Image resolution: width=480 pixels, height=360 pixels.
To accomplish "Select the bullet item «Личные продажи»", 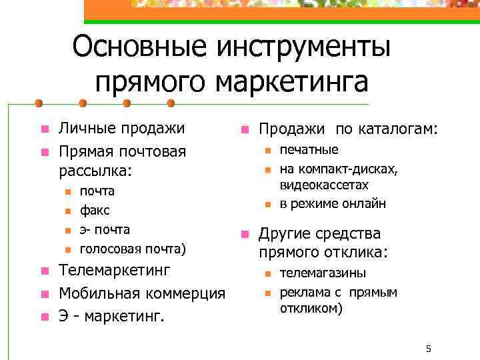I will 121,128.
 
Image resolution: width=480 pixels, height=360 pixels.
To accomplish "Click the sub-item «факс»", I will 95,211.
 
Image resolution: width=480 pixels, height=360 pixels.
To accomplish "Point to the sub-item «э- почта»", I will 105,230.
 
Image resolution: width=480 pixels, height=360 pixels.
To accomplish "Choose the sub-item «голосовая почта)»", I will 133,250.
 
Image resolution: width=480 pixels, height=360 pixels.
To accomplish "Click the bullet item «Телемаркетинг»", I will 115,271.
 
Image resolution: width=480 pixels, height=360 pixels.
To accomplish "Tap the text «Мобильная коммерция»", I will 142,293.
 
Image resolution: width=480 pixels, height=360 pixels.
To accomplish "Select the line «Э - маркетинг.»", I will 111,315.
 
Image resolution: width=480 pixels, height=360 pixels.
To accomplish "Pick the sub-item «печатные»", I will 309,150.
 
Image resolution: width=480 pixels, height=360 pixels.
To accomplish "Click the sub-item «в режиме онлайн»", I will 333,204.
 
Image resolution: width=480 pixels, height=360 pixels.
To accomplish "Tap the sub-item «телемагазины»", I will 323,273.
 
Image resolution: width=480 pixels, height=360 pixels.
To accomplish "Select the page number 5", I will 429,349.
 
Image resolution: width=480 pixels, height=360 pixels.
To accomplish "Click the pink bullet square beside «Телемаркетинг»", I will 44,271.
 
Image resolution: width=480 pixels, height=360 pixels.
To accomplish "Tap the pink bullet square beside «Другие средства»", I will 244,235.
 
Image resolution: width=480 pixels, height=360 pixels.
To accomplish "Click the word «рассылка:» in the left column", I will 95,171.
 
